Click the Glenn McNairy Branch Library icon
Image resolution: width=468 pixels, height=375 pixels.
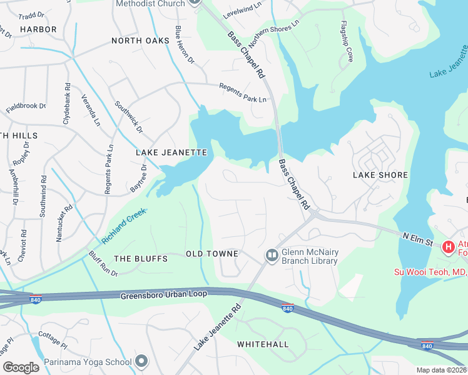click(x=272, y=254)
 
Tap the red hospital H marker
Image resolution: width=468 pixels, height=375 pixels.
click(x=448, y=247)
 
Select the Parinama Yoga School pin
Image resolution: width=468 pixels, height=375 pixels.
click(x=142, y=361)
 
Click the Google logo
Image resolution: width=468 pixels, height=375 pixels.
click(x=21, y=367)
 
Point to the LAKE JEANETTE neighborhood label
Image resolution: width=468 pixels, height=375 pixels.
click(x=171, y=152)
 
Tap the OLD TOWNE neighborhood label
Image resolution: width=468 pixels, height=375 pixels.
click(x=212, y=254)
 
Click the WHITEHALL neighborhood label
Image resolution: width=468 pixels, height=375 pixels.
click(x=263, y=344)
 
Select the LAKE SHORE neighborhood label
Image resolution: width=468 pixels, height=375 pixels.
click(x=380, y=176)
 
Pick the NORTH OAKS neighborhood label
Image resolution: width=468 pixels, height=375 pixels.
click(x=140, y=41)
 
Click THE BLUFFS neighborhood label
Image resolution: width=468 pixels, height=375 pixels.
click(x=141, y=259)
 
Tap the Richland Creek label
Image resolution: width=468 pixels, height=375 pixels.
click(x=124, y=226)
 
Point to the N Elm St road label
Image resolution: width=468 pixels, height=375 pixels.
click(x=418, y=238)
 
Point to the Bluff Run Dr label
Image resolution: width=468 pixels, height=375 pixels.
click(x=103, y=263)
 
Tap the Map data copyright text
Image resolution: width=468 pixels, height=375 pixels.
click(x=441, y=370)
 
